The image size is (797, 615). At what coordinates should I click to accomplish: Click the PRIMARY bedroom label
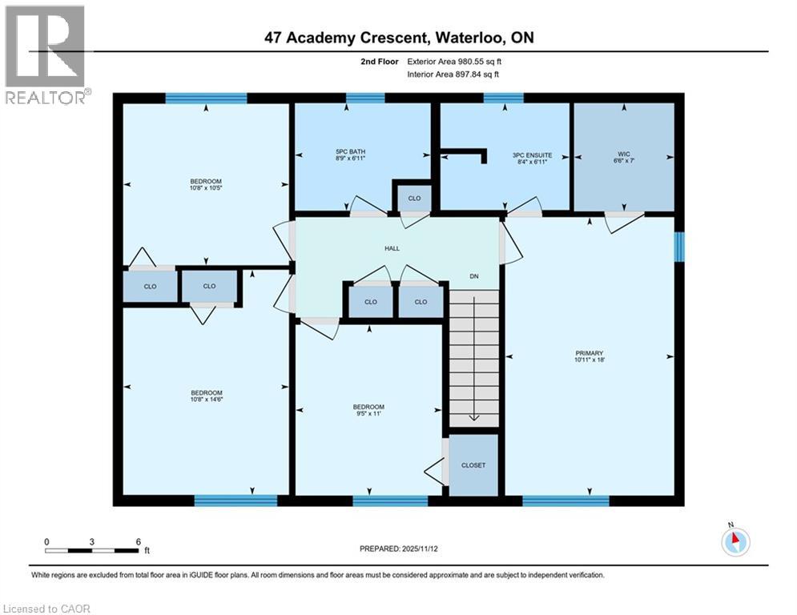tap(589, 353)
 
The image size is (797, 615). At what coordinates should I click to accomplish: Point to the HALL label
tap(392, 248)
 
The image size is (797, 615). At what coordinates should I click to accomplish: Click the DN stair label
tap(473, 276)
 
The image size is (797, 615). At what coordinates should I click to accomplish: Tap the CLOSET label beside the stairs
tap(473, 465)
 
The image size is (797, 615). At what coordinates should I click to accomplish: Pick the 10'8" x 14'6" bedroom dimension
tap(206, 400)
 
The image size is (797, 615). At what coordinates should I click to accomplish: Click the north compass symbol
tap(735, 541)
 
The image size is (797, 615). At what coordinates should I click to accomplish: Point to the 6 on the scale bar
tap(138, 541)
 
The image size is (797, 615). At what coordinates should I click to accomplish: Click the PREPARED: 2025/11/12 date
tap(397, 549)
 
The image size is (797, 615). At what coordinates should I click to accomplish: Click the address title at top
tap(399, 38)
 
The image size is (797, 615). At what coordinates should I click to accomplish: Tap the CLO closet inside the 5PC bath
tap(414, 198)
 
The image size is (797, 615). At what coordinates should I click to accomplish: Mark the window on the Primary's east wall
tap(679, 247)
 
